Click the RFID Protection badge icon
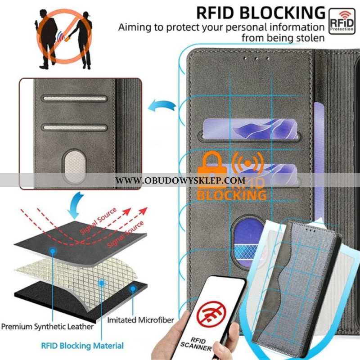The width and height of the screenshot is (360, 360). click(x=342, y=21)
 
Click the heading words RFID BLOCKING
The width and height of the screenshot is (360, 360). click(x=261, y=13)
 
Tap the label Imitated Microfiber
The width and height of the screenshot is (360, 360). click(x=140, y=320)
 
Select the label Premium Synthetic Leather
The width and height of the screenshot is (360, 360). click(x=47, y=327)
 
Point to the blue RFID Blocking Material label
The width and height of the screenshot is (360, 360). click(x=82, y=346)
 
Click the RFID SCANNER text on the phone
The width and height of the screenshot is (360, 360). click(x=197, y=344)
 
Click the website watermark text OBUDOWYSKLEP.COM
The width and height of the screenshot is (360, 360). click(x=180, y=180)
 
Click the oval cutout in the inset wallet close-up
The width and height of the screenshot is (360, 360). click(x=74, y=166)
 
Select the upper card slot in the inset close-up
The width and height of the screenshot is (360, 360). click(x=74, y=99)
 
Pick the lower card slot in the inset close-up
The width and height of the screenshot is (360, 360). click(x=74, y=127)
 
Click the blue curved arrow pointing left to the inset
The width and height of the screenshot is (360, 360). click(x=162, y=105)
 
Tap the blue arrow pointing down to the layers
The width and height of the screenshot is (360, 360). click(x=76, y=206)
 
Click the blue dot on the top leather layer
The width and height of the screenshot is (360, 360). click(x=53, y=251)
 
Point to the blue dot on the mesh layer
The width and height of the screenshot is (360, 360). click(x=102, y=283)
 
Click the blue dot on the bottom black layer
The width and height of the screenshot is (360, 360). click(x=133, y=289)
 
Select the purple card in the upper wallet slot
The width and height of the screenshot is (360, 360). click(x=250, y=129)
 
